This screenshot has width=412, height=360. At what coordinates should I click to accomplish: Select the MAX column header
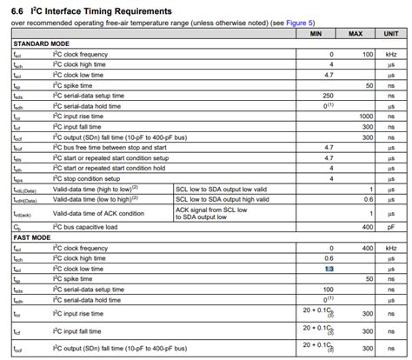click(x=356, y=33)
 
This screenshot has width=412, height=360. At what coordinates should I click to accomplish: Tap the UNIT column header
click(x=391, y=33)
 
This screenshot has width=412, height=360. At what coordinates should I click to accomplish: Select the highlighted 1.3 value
click(x=329, y=270)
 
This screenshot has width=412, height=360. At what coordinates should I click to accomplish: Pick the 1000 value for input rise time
click(x=365, y=115)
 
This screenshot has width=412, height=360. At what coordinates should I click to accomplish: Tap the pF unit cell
click(x=391, y=227)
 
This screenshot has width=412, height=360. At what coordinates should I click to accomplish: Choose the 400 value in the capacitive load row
click(x=367, y=227)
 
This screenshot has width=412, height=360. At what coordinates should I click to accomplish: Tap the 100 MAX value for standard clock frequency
click(x=367, y=53)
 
